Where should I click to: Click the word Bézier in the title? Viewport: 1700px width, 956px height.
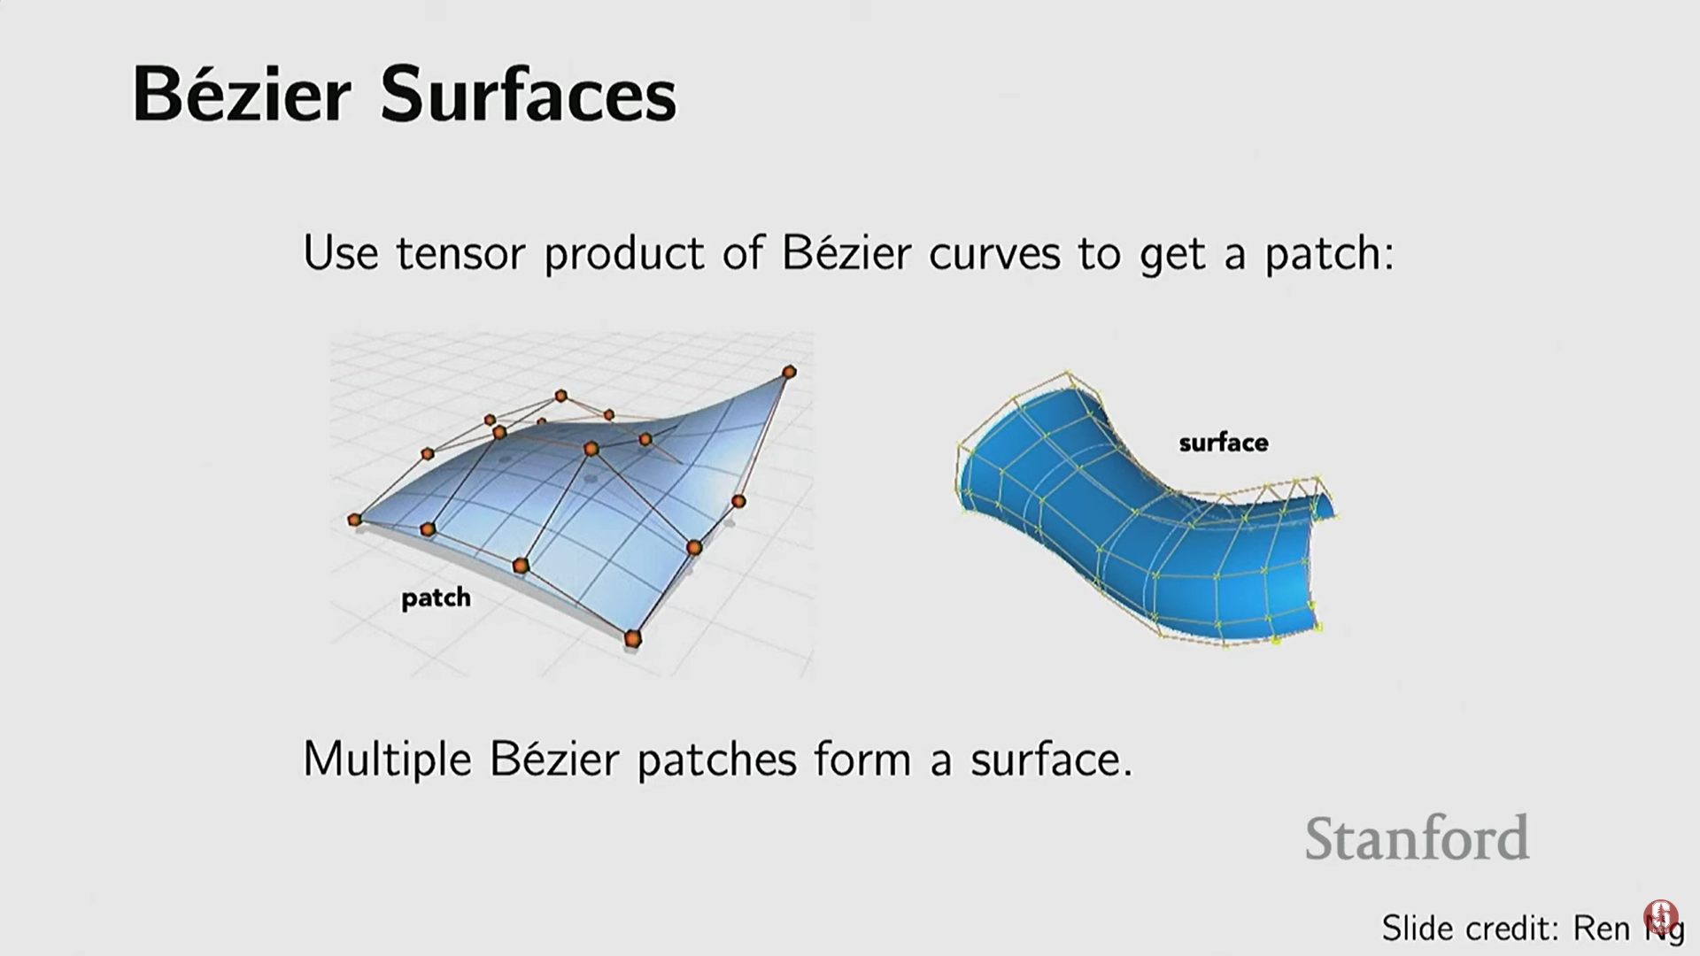tap(242, 94)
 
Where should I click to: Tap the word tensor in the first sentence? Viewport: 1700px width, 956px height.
tap(459, 254)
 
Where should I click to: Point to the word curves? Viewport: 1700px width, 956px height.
tap(994, 255)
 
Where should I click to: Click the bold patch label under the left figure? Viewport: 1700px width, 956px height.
tap(436, 598)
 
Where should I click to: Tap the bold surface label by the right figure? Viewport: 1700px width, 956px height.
tap(1224, 442)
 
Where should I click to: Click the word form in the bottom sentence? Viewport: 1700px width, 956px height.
tap(862, 759)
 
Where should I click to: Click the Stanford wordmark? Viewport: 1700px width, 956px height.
tap(1417, 837)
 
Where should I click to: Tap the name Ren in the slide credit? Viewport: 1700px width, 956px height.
tap(1601, 928)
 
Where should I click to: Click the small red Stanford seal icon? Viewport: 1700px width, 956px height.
tap(1660, 917)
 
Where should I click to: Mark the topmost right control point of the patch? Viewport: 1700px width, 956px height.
tap(789, 372)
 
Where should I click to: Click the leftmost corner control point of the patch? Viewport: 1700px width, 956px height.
tap(355, 520)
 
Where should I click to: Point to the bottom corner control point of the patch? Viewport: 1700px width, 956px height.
tap(632, 638)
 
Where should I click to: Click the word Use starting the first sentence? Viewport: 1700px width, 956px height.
tap(341, 254)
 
